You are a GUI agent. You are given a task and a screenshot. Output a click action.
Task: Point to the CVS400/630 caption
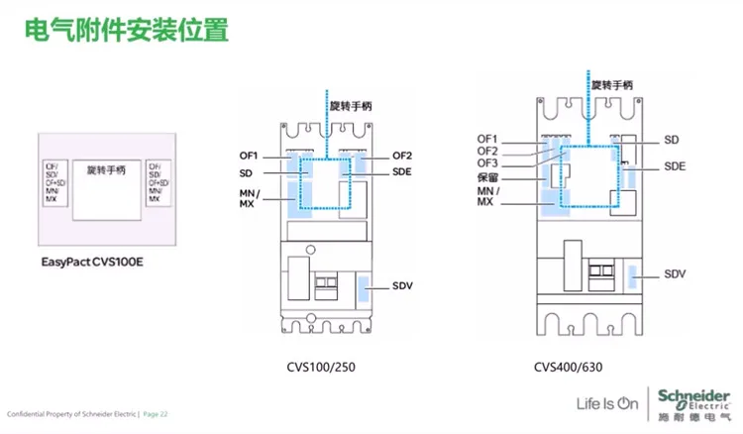tap(568, 367)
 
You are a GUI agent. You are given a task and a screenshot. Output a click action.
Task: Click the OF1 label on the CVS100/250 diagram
tap(247, 156)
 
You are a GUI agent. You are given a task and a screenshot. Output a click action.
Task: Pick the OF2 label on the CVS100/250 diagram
tap(401, 156)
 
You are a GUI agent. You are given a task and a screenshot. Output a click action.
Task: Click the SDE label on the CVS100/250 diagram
tap(401, 171)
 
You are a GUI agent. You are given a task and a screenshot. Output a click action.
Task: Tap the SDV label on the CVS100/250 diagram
tap(402, 286)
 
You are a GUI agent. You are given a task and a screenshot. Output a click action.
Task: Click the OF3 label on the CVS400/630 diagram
tap(486, 163)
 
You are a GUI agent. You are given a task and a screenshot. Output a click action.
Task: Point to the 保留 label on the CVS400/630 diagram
tap(486, 177)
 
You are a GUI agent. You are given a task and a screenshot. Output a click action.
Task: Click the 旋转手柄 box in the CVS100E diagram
tap(105, 184)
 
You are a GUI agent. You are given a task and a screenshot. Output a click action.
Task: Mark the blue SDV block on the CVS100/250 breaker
tap(367, 288)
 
